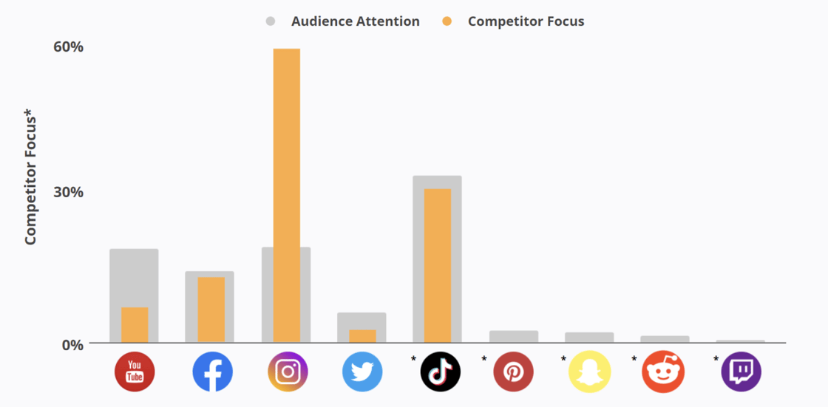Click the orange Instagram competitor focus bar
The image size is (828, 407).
coord(287,196)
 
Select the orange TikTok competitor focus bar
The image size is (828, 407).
coord(437,265)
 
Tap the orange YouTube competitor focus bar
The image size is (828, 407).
coord(135,325)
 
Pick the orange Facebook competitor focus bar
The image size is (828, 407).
coord(211,309)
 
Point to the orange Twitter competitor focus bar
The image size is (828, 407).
coord(362,336)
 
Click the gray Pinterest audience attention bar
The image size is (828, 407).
coord(513,337)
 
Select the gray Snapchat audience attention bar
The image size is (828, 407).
coord(589,338)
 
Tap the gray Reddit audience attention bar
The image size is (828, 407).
coord(665,339)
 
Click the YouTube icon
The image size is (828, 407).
coord(135,372)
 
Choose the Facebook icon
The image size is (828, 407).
coord(212,372)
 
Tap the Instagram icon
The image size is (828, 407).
coord(288,372)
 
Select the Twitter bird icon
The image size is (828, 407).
coord(362,372)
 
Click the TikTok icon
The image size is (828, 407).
coord(441,372)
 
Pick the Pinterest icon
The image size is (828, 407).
coord(513,372)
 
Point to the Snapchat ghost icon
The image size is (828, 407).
coord(589,372)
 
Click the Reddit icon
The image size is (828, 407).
coord(664,372)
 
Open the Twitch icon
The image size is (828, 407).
coord(741,372)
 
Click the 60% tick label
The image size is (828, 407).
coord(68,47)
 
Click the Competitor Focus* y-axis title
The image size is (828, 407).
coord(30,177)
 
